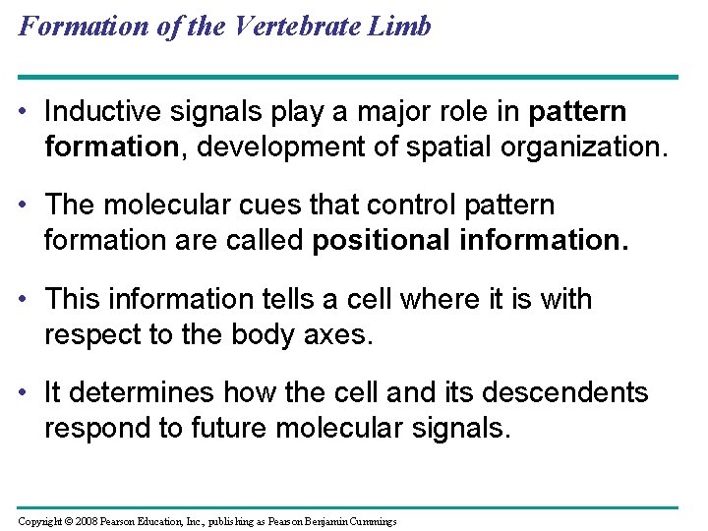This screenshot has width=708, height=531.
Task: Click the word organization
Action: (x=572, y=148)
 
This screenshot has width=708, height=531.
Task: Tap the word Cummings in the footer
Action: (x=367, y=520)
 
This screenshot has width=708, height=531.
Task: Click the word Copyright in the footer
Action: (x=42, y=520)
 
